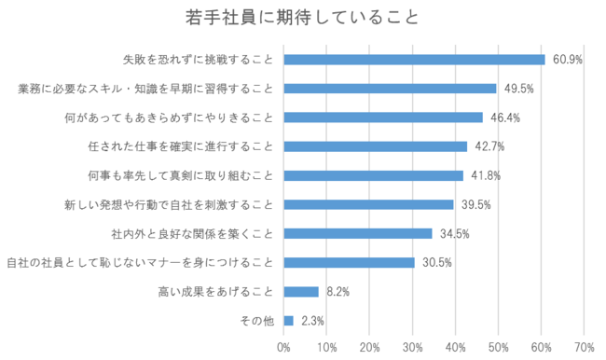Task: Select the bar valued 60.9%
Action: (414, 60)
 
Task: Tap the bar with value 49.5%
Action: (390, 89)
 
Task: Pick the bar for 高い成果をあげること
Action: (301, 292)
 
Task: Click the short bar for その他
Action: (288, 321)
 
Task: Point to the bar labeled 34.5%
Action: (358, 233)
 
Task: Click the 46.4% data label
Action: (505, 118)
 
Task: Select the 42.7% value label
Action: (489, 146)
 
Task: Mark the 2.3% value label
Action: (312, 321)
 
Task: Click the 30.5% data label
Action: (437, 263)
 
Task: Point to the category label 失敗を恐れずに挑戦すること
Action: (199, 60)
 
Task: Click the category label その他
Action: (257, 321)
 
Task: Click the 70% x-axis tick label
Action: (585, 347)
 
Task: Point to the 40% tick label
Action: (455, 347)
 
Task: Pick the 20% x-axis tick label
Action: (369, 347)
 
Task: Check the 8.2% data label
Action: (337, 292)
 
